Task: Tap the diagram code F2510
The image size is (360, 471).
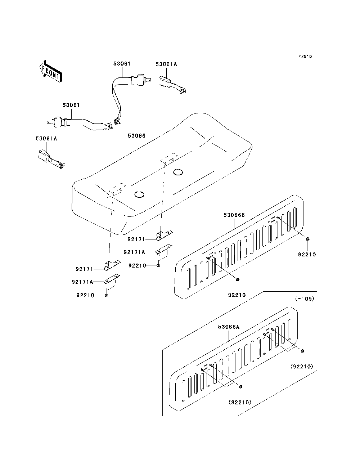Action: pos(305,57)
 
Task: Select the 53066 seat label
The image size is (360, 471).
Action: pos(137,136)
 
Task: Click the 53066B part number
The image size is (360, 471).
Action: pos(234,215)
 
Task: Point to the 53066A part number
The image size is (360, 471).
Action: pos(229,327)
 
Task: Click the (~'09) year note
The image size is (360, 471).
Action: pos(305,299)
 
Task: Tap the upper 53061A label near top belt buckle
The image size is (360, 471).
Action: pos(166,64)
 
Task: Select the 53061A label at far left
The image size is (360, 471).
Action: pos(46,139)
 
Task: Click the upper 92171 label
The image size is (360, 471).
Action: pos(136,239)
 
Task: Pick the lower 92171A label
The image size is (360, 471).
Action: pos(82,282)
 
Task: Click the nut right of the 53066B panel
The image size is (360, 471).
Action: pos(307,239)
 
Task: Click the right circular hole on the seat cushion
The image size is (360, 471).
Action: pos(178,172)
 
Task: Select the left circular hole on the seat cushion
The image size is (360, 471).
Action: pos(139,194)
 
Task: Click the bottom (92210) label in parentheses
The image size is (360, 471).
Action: pos(240,402)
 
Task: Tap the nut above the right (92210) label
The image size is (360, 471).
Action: pos(303,351)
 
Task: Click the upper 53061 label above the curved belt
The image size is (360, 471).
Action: pos(122,64)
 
